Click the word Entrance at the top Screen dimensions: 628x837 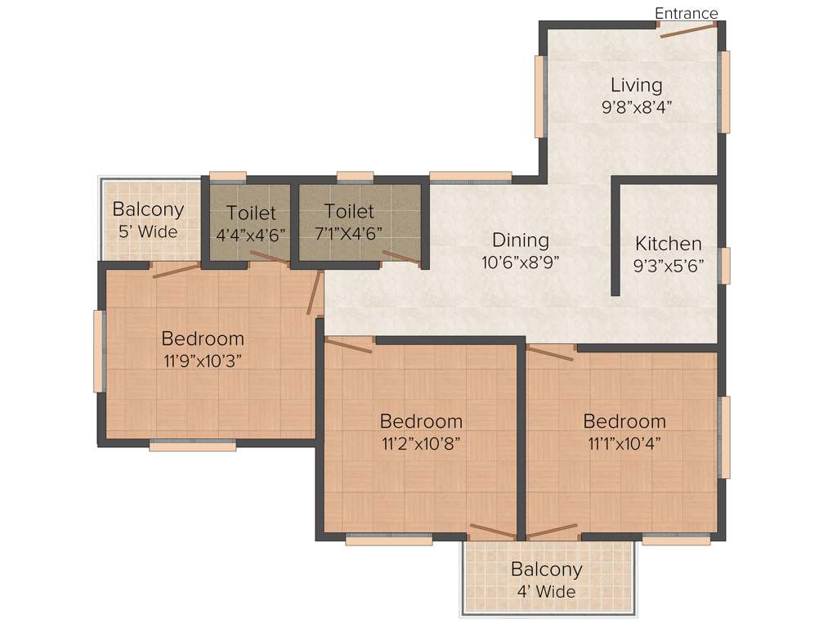686,13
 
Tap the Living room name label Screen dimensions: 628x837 636,85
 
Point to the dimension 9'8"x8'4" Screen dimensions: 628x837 636,106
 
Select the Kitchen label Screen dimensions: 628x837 668,244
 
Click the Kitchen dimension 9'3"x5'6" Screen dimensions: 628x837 669,265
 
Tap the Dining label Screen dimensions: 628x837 520,240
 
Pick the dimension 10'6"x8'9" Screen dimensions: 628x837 520,262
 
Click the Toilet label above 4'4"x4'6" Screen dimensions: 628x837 251,213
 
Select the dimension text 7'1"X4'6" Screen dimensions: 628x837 348,233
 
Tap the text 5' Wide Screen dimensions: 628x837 148,231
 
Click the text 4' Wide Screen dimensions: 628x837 546,591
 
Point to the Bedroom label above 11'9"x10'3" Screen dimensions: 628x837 203,338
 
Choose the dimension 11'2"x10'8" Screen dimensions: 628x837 421,443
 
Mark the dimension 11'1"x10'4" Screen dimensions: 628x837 624,443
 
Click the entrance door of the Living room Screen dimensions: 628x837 688,29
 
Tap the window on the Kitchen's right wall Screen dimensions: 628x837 724,265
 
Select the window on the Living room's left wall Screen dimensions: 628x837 539,96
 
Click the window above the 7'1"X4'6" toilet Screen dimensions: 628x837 355,176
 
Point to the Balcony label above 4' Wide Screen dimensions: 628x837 546,569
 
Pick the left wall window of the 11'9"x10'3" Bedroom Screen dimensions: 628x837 99,352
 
